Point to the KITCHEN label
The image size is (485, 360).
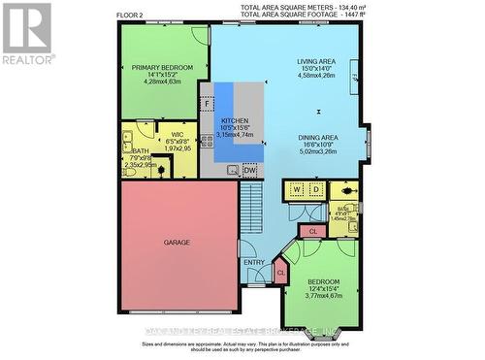[238, 121]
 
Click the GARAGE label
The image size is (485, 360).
[177, 242]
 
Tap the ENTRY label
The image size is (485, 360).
[254, 262]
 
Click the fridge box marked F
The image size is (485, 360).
[208, 102]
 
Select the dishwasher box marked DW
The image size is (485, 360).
[250, 170]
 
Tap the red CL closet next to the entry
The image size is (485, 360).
[281, 274]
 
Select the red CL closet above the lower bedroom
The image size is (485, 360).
[312, 231]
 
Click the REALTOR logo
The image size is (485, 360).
[26, 33]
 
